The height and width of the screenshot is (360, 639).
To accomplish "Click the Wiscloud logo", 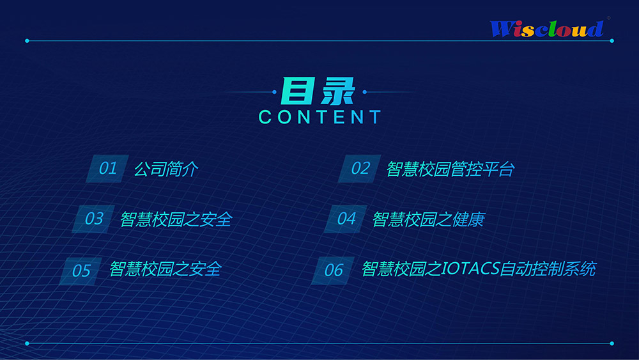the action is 547,29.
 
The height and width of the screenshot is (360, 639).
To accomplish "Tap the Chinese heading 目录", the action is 318,91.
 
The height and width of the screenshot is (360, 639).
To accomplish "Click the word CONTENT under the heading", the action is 320,117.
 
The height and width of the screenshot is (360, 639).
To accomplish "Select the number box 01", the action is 107,168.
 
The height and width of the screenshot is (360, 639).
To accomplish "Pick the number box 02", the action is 360,168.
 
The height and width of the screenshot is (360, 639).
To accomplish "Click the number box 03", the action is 93,219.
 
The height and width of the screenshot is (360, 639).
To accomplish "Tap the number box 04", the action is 346,219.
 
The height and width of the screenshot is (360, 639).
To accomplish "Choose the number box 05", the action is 81,270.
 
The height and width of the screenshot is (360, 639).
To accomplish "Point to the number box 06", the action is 333,270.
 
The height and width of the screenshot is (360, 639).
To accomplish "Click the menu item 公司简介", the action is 166,169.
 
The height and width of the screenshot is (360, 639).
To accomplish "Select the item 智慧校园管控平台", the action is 450,169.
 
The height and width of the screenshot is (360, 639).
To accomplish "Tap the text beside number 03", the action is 176,219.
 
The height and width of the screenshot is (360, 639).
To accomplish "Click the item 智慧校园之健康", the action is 428,219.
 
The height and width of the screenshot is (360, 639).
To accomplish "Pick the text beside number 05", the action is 165,269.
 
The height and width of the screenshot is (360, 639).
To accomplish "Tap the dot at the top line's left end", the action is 27,41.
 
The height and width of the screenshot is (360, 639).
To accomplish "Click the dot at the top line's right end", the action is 612,41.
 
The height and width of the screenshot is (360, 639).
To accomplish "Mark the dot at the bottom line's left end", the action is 27,343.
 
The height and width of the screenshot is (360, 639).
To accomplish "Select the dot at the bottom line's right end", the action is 612,343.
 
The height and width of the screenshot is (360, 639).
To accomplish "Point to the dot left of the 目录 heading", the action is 274,92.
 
